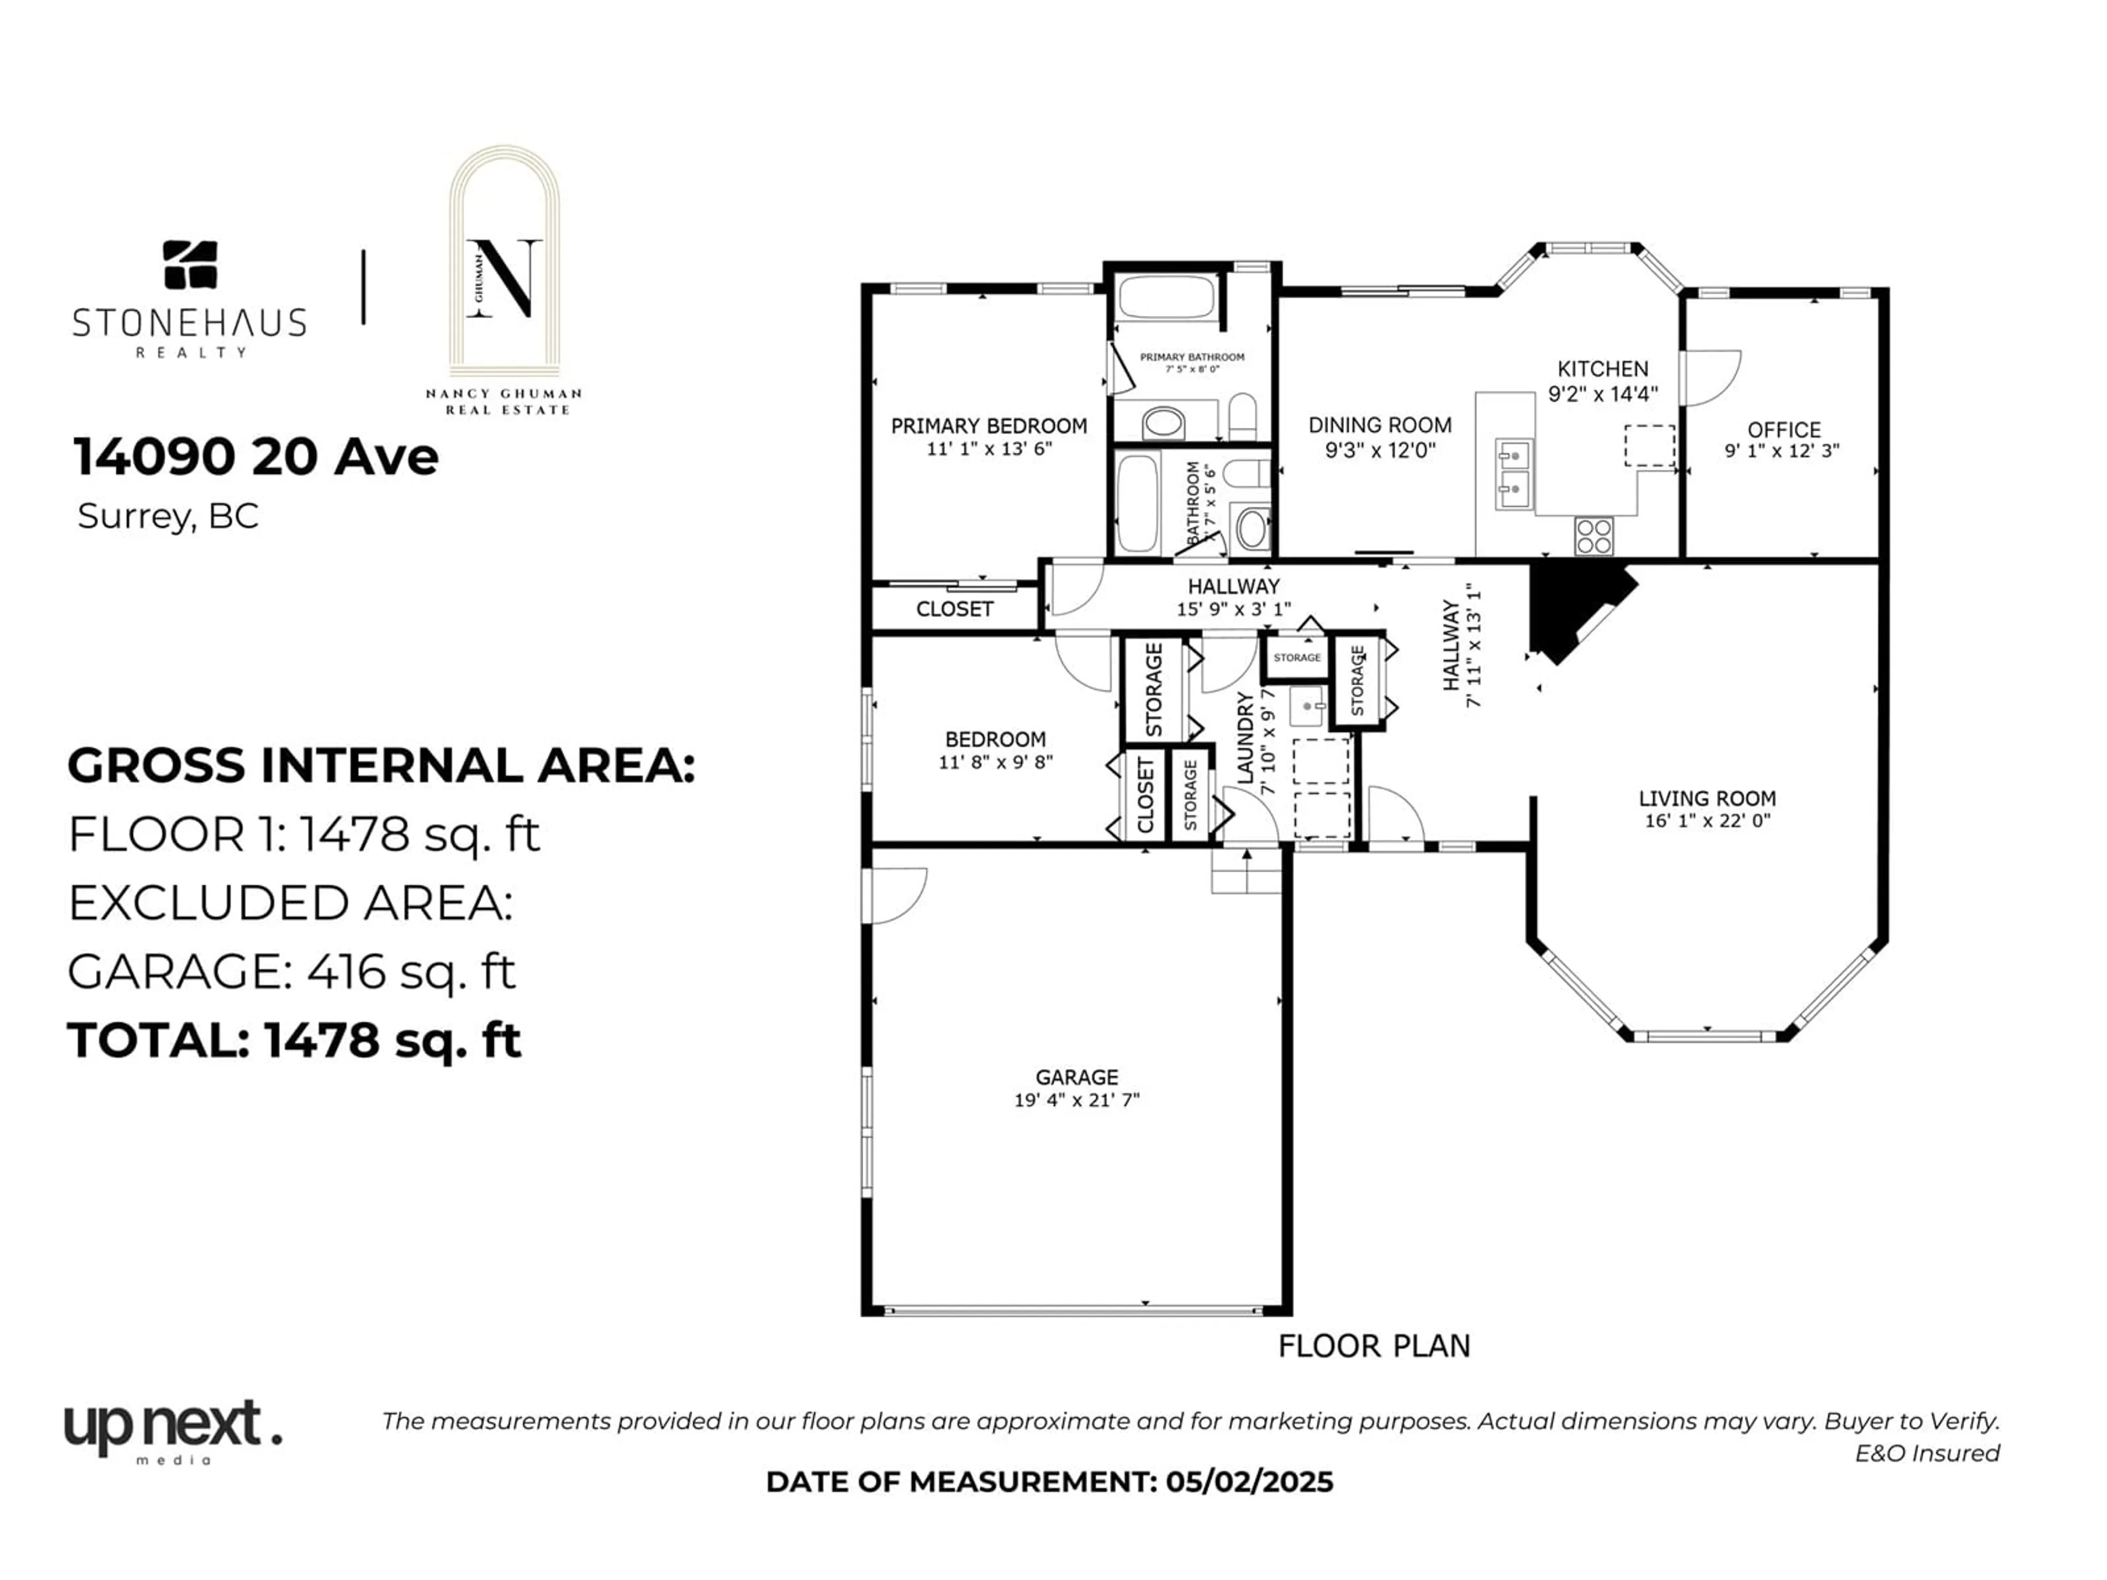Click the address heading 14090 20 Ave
[x=255, y=457]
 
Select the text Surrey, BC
[x=168, y=516]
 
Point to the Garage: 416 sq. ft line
[x=291, y=972]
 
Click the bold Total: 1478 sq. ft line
[x=294, y=1040]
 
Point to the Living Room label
[x=1707, y=799]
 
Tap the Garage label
[x=1077, y=1077]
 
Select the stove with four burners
[x=1593, y=536]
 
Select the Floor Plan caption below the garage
[x=1373, y=1347]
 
